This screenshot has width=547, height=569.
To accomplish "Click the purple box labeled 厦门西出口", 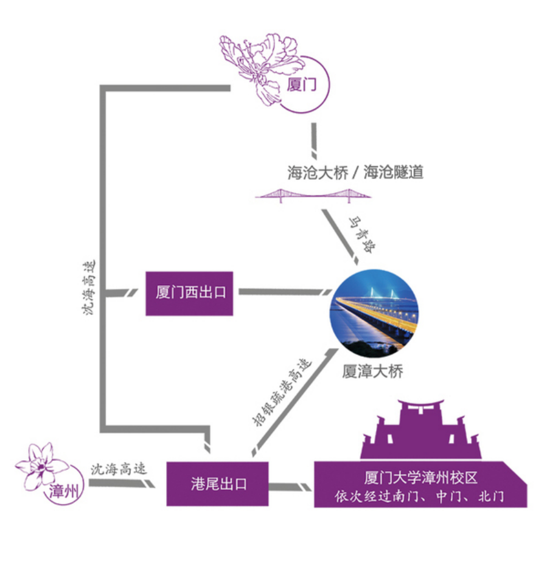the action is pyautogui.click(x=189, y=294).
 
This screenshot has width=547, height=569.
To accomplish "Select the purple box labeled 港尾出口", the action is pyautogui.click(x=218, y=484).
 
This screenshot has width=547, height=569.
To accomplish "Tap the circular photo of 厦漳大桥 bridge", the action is pyautogui.click(x=374, y=313).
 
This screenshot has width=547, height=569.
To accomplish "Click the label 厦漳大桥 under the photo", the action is pyautogui.click(x=372, y=371).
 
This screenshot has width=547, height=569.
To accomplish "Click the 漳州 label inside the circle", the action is pyautogui.click(x=63, y=491).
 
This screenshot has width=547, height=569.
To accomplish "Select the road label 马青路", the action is pyautogui.click(x=362, y=235).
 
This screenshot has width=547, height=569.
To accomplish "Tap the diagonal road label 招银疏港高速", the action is pyautogui.click(x=282, y=392).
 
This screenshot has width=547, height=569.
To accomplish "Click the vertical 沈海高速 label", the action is pyautogui.click(x=89, y=288).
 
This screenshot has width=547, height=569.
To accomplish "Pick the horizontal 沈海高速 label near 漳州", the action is pyautogui.click(x=119, y=469).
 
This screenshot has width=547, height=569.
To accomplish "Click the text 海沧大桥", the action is pyautogui.click(x=318, y=173).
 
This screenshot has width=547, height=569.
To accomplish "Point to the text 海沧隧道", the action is pyautogui.click(x=394, y=172).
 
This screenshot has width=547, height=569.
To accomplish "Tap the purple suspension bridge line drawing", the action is pyautogui.click(x=313, y=196).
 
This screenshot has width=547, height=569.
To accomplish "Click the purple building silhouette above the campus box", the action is pyautogui.click(x=421, y=430).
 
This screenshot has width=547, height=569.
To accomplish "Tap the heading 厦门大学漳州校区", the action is pyautogui.click(x=420, y=478).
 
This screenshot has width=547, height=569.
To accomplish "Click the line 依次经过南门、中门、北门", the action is pyautogui.click(x=419, y=496).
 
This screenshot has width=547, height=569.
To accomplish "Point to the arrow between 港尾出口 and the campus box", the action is pyautogui.click(x=290, y=487).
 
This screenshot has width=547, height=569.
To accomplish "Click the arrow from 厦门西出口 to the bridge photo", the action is pyautogui.click(x=285, y=292).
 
